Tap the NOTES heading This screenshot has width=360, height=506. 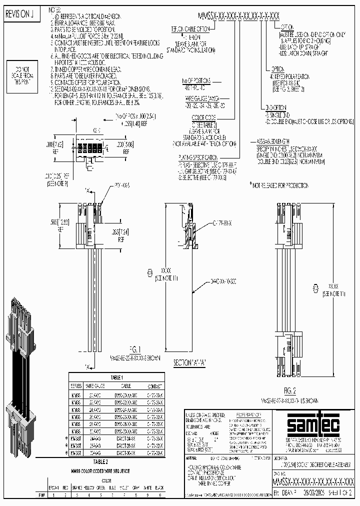pyautogui.click(x=55, y=9)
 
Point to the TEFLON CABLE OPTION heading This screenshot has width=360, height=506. pyautogui.click(x=191, y=30)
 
